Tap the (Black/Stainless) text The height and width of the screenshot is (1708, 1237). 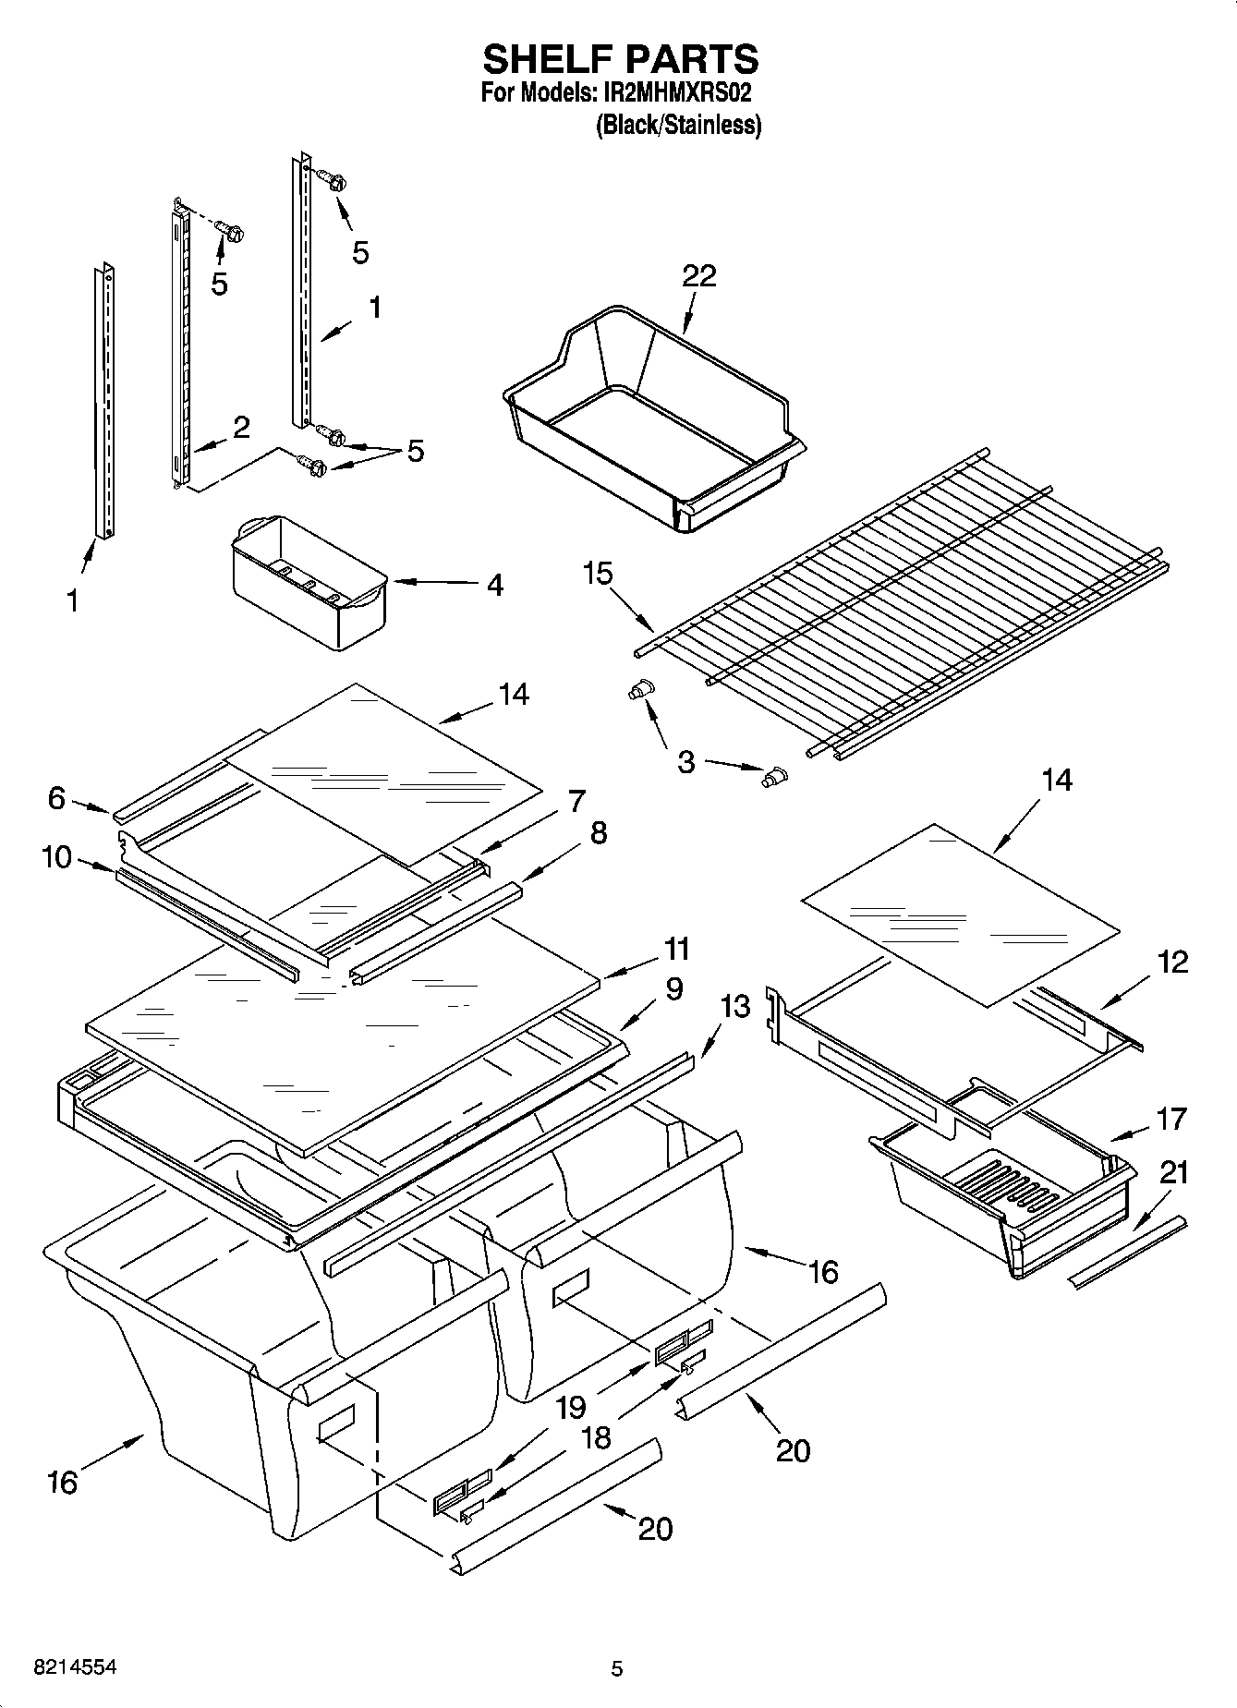[678, 125]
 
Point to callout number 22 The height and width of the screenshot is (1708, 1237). [699, 275]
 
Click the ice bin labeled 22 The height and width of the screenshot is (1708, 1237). [647, 425]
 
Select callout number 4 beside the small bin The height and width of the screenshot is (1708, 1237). [494, 585]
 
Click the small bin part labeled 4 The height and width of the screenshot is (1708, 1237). [309, 582]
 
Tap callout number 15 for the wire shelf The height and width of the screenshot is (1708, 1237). [598, 574]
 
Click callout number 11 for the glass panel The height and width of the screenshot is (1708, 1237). [677, 949]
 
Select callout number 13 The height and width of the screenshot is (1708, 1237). [735, 1006]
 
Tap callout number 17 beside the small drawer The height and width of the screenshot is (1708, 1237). [1170, 1119]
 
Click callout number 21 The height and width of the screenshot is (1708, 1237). [1174, 1173]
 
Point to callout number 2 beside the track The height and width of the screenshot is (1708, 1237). [240, 427]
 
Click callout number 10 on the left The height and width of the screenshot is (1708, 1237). [56, 857]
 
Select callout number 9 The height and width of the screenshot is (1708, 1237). [673, 988]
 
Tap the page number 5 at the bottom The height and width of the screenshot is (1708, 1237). [617, 1668]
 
